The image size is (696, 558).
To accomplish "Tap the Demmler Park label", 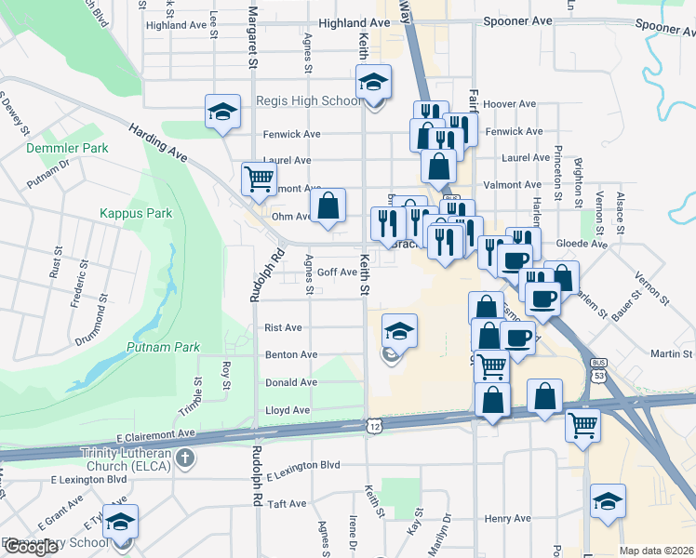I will click(x=67, y=148).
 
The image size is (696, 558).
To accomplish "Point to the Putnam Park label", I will click(x=163, y=347).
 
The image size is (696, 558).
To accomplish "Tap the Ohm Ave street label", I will click(x=291, y=217).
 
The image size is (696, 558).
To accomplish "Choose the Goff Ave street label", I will click(x=336, y=272).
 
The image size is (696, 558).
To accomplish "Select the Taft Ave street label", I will click(x=287, y=503).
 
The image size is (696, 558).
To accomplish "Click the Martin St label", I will click(x=668, y=353).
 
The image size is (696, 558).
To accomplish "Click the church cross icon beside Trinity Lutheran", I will click(x=185, y=458).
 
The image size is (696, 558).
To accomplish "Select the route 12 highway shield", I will click(x=374, y=425).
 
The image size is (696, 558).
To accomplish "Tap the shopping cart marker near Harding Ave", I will click(x=258, y=177).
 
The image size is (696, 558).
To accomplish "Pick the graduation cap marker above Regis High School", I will click(x=373, y=85).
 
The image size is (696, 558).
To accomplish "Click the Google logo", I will click(x=30, y=547).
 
